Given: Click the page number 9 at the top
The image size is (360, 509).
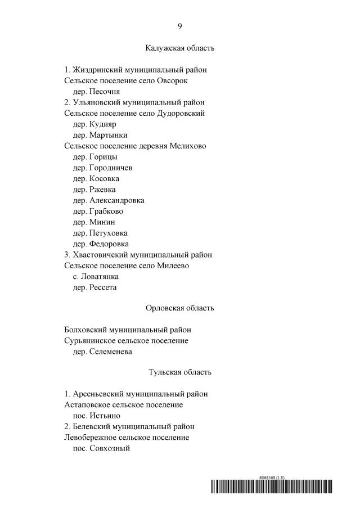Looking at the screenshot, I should click(x=180, y=26).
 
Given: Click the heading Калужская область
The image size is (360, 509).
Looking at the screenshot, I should click(x=180, y=48).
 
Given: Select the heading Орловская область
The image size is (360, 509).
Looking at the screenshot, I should click(x=180, y=308).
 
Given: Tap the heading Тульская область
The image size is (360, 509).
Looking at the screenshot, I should click(x=180, y=372).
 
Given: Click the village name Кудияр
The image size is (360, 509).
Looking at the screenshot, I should click(x=103, y=124).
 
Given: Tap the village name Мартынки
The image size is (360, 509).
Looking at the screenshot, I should click(x=108, y=135).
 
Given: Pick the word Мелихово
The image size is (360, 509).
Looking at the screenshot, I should click(x=186, y=146).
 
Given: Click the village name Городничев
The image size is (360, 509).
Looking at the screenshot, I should click(x=110, y=168).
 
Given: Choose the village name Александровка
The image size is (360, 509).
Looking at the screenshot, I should click(x=116, y=200).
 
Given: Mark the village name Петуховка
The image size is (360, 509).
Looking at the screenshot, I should click(x=108, y=233).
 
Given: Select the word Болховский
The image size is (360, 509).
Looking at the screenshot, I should click(x=85, y=330).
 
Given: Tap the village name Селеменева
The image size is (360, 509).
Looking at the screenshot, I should click(x=110, y=352).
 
